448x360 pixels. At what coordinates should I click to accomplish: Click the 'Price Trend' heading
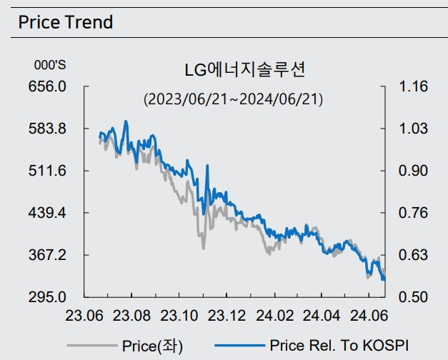pyautogui.click(x=66, y=22)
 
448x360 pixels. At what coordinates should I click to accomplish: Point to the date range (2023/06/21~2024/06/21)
pyautogui.click(x=233, y=99)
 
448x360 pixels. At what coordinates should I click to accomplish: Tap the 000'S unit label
pyautogui.click(x=50, y=65)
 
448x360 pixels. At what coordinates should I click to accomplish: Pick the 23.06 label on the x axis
pyautogui.click(x=84, y=315)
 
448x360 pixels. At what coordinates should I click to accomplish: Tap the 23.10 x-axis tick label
pyautogui.click(x=179, y=315)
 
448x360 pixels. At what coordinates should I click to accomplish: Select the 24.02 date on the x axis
pyautogui.click(x=274, y=315)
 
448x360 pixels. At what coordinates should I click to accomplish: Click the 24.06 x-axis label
pyautogui.click(x=369, y=315)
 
